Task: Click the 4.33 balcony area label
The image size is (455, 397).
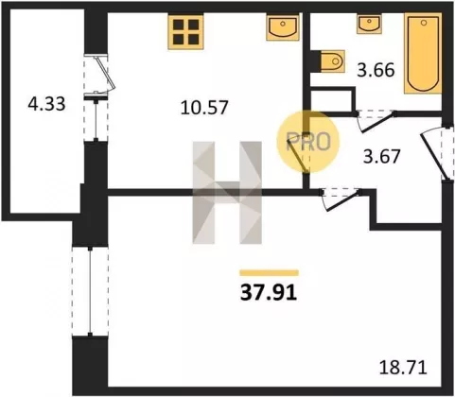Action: (46, 104)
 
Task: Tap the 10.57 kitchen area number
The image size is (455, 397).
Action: (204, 107)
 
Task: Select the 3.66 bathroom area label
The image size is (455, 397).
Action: (376, 70)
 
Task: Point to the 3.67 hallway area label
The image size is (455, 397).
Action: (381, 156)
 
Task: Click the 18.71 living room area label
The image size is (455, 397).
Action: (403, 367)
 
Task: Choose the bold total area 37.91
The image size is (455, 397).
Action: (269, 293)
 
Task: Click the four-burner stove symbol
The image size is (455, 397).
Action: (185, 32)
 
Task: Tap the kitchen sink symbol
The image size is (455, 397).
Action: (283, 28)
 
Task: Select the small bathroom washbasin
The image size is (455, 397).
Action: (370, 25)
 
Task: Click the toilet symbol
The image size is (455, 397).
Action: (332, 60)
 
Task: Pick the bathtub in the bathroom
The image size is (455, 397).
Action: (423, 54)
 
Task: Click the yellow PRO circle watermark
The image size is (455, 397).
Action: (307, 141)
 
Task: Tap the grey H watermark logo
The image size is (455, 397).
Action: (227, 193)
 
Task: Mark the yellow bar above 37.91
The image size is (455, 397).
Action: (269, 272)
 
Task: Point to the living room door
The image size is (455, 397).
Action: (340, 199)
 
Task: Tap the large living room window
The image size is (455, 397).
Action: (90, 291)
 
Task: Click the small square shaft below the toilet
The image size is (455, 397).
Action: (331, 101)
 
